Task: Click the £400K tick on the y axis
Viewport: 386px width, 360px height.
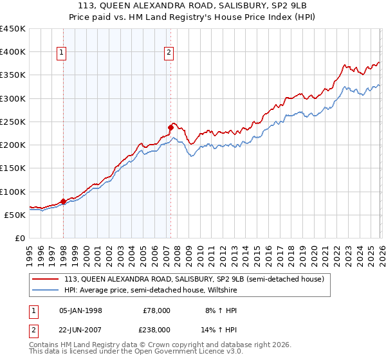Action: (x=13, y=51)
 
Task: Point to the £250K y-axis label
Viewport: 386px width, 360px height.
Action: (x=13, y=122)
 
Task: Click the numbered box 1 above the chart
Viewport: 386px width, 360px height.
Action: (x=62, y=53)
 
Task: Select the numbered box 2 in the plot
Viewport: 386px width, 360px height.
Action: (x=169, y=53)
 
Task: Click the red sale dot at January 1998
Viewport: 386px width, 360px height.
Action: (x=63, y=201)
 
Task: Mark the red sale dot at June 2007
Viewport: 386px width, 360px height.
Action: (x=170, y=127)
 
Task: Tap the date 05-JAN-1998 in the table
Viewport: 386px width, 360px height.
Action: (x=80, y=310)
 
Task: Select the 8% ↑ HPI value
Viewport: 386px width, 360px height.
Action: (x=211, y=310)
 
